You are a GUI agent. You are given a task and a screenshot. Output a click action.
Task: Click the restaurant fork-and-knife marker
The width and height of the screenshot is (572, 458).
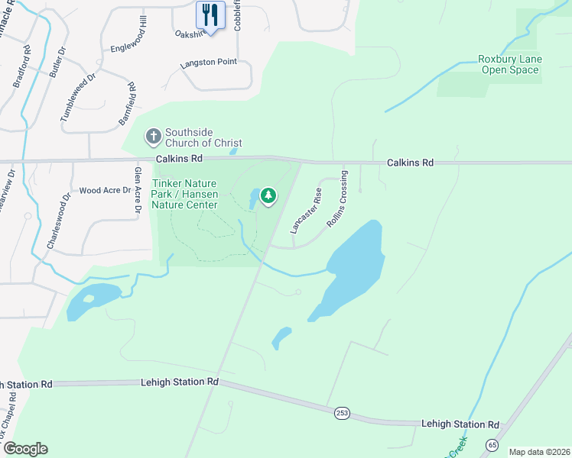(209, 15)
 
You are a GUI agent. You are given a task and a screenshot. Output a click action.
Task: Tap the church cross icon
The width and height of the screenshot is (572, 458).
(153, 137)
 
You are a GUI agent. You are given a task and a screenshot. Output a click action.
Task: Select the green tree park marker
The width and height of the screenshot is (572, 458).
(268, 195)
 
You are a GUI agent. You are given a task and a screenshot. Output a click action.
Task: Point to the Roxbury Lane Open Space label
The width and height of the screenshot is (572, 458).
(509, 64)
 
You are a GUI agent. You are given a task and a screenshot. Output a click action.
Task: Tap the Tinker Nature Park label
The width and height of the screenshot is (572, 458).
(184, 194)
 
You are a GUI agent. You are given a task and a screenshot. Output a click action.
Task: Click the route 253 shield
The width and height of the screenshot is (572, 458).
(343, 412)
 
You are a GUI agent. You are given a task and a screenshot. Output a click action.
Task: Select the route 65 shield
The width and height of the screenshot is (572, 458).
(492, 444)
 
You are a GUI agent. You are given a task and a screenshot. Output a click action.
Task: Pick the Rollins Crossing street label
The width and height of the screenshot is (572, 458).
(337, 198)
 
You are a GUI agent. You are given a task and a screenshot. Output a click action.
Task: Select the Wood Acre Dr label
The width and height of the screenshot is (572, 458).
(101, 190)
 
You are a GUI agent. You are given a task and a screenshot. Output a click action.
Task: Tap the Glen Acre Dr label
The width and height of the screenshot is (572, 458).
(138, 192)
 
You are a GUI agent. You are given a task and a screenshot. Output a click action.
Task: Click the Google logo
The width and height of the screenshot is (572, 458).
(25, 449)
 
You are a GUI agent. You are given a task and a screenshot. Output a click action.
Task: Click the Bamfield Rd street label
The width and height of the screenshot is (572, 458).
(127, 106)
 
